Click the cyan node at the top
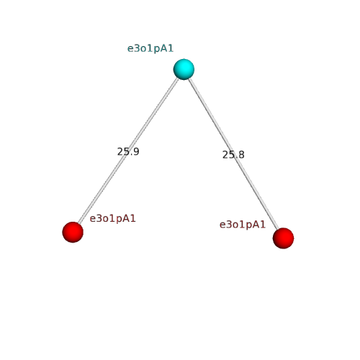coord(184,69)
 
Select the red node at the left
coord(73,232)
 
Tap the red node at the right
coord(283,238)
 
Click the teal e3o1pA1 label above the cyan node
coord(150,48)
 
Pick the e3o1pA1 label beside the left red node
coord(112,219)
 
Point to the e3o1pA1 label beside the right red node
coord(243,225)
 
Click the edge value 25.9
coord(128,152)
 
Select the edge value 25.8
coord(233,155)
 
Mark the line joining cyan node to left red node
coord(128,150)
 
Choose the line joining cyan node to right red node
coord(233,153)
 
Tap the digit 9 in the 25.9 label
coord(136,152)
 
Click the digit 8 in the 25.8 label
coord(241,155)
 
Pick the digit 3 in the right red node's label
coord(230,225)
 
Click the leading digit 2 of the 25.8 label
coord(225,155)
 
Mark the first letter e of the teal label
coord(130,49)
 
